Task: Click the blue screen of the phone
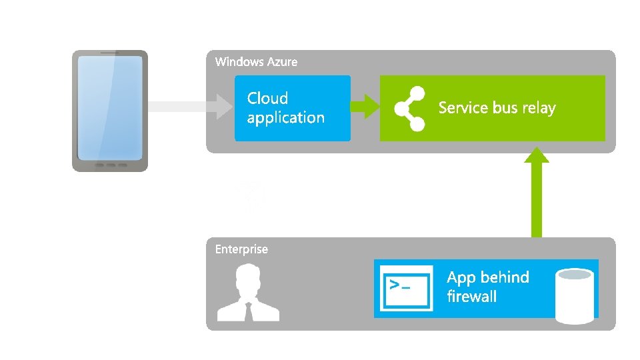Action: [x=110, y=107]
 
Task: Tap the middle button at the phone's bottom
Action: [x=110, y=165]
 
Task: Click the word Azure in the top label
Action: [x=282, y=62]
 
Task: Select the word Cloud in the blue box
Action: [x=267, y=98]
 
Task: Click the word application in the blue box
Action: [x=285, y=117]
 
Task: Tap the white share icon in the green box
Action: [x=409, y=108]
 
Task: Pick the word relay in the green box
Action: [x=539, y=108]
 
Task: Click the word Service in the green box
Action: [x=463, y=108]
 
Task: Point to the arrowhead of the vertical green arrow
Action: [x=536, y=155]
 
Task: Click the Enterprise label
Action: [x=241, y=249]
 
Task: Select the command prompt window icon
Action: [x=404, y=288]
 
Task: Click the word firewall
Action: [x=471, y=297]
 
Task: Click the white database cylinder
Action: [x=574, y=296]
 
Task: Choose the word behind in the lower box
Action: [x=505, y=277]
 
